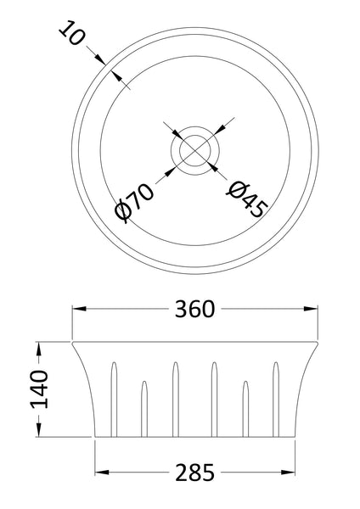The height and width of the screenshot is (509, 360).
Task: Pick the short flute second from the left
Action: (x=143, y=407)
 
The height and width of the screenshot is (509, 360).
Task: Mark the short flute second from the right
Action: (x=246, y=407)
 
